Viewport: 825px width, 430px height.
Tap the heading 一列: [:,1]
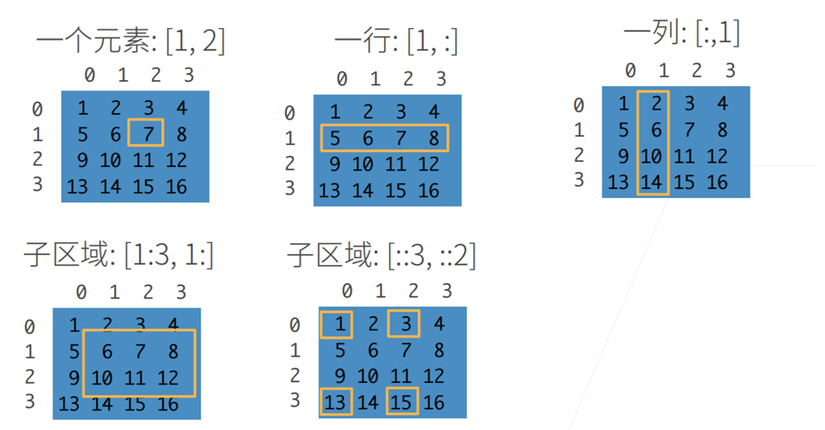coord(682,32)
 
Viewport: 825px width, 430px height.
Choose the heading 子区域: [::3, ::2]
coord(382,255)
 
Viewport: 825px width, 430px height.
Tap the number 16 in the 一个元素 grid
coord(176,186)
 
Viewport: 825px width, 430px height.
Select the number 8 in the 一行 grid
coord(434,137)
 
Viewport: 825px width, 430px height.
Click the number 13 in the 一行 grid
coord(329,190)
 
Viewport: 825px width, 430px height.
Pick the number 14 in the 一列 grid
coord(651,181)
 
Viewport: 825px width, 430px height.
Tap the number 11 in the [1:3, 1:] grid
coord(135,378)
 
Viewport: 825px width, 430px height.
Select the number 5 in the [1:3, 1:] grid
coord(74,351)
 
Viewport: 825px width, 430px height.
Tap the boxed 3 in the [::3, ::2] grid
coord(405,323)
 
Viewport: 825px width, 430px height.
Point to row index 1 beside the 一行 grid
coord(290,137)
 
